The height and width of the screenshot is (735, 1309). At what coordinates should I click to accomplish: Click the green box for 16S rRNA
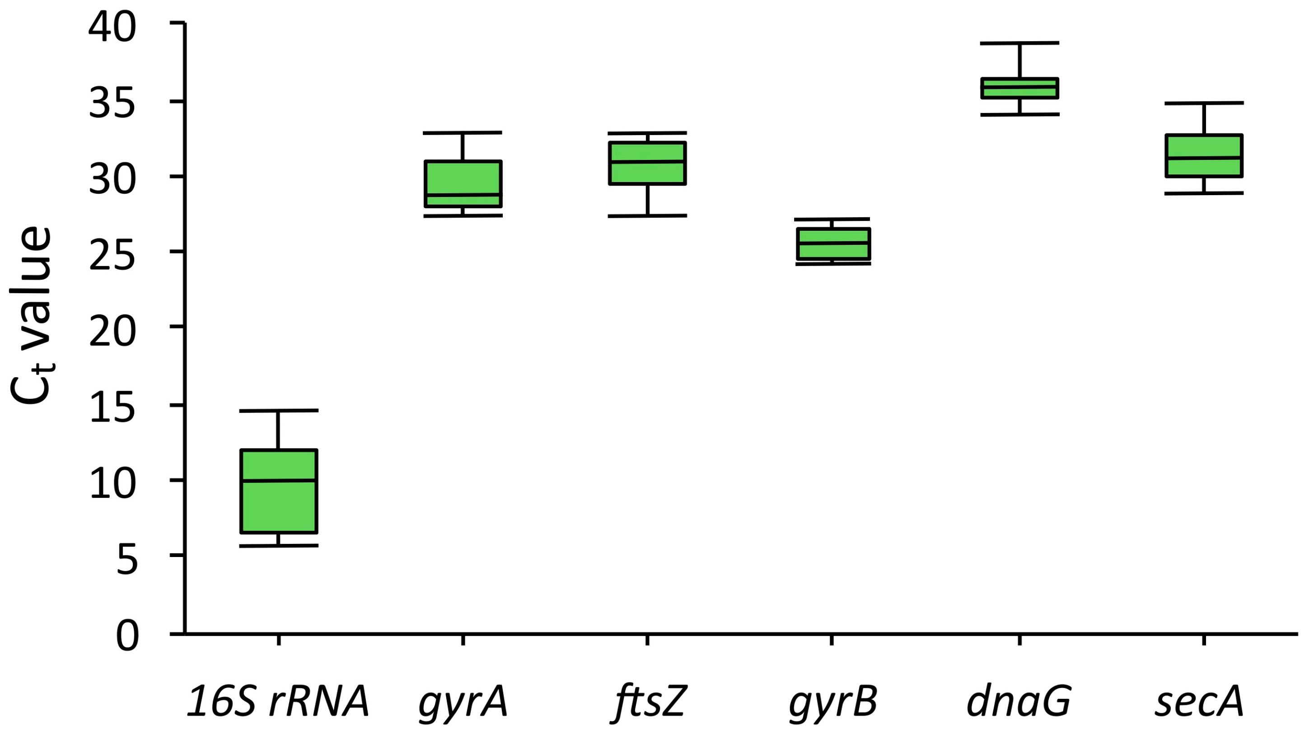click(278, 491)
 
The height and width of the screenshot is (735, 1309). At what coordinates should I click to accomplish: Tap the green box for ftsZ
click(647, 163)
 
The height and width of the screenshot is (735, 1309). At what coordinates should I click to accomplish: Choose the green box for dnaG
click(1019, 89)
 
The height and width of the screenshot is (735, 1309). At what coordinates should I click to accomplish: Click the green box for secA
click(1204, 156)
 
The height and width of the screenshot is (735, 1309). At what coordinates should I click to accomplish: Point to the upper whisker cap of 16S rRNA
click(278, 410)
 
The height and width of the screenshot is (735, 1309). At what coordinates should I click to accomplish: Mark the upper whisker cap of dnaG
click(1019, 43)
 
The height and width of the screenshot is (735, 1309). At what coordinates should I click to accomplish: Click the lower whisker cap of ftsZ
click(647, 216)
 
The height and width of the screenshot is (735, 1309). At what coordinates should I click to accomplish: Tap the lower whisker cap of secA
click(1204, 193)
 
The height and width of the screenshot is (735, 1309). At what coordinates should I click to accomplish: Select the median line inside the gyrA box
click(463, 195)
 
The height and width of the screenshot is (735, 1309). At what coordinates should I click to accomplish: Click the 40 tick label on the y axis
click(112, 28)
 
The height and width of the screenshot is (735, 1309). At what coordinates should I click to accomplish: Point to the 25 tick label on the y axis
click(112, 256)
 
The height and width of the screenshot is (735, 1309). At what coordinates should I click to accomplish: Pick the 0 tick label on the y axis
click(126, 636)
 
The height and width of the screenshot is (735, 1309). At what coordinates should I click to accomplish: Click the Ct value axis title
click(32, 315)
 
